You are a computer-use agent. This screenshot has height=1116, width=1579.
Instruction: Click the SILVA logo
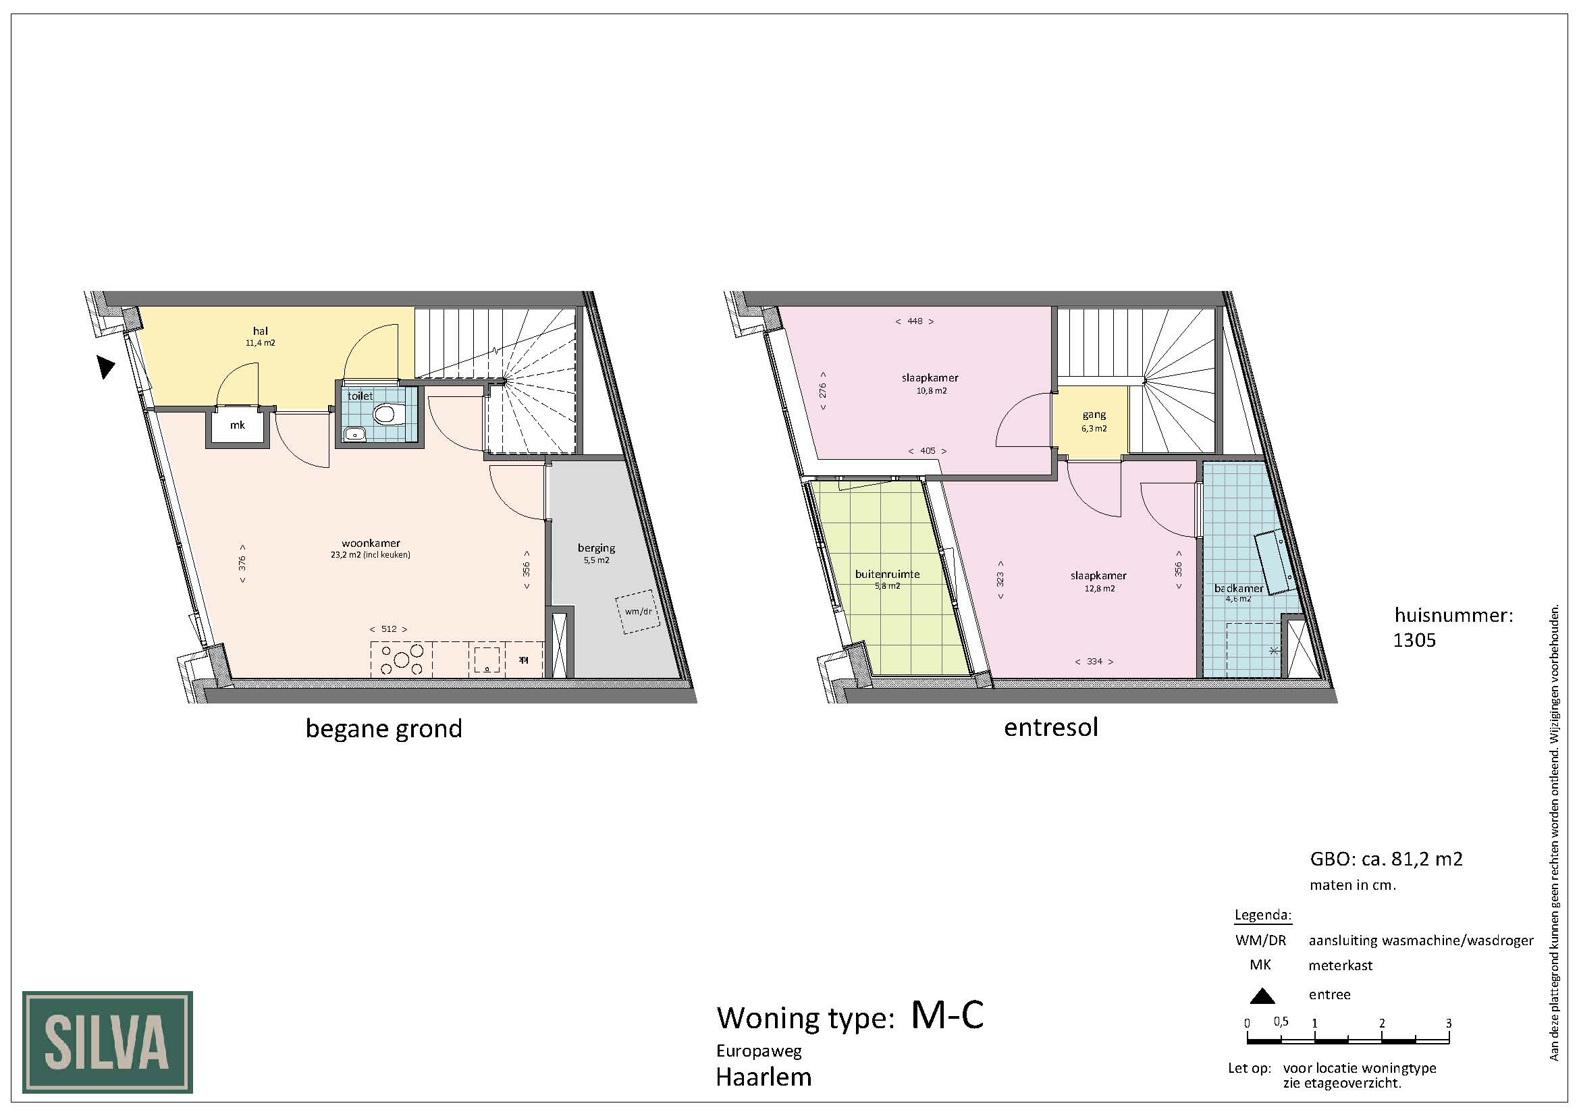coord(107,1042)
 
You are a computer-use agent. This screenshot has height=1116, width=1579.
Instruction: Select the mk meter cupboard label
coord(237,425)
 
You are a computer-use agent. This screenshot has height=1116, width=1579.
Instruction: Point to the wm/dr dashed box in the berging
coord(637,612)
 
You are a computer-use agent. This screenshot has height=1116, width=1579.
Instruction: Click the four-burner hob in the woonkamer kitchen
coord(402,660)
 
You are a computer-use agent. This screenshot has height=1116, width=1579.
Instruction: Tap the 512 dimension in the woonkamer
coord(389,629)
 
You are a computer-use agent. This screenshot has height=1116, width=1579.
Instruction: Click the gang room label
coord(1094,415)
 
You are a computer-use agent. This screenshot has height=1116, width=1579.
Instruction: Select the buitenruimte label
coord(887,574)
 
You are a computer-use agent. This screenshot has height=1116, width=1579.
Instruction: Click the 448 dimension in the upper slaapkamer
coord(914,321)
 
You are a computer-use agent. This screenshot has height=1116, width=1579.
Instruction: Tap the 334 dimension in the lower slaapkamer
coord(1094,662)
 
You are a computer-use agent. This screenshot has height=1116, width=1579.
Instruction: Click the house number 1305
coord(1414,640)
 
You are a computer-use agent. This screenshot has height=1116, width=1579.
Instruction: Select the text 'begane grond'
coord(383,729)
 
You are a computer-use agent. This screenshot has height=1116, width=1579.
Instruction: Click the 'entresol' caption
coord(1051,727)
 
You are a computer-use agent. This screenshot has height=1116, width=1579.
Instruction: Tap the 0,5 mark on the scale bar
coord(1281,1021)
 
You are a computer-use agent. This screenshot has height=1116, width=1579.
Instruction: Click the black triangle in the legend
coord(1262,995)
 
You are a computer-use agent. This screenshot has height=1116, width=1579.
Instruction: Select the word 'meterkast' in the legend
coord(1341,965)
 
